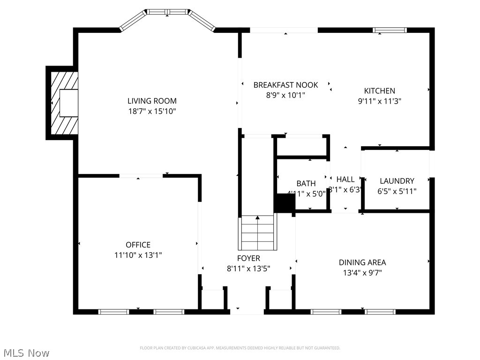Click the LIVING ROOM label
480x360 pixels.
[152, 101]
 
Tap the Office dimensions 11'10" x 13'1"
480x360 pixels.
[138, 255]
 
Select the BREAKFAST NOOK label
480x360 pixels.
[285, 85]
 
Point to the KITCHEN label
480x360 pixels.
[379, 91]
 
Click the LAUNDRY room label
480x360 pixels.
[397, 181]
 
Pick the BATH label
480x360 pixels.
[306, 183]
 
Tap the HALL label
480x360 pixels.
[345, 179]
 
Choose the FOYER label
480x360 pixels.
[248, 258]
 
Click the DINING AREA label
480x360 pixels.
[362, 262]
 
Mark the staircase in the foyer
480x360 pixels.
[257, 232]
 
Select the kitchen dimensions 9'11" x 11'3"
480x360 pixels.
[379, 101]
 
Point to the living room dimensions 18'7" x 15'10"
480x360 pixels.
[152, 111]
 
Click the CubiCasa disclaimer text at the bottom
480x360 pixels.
[240, 348]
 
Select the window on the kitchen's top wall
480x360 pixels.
[390, 30]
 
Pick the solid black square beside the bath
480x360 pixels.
[284, 203]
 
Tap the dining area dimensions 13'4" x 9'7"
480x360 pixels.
[362, 273]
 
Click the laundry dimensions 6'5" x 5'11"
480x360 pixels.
[397, 191]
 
